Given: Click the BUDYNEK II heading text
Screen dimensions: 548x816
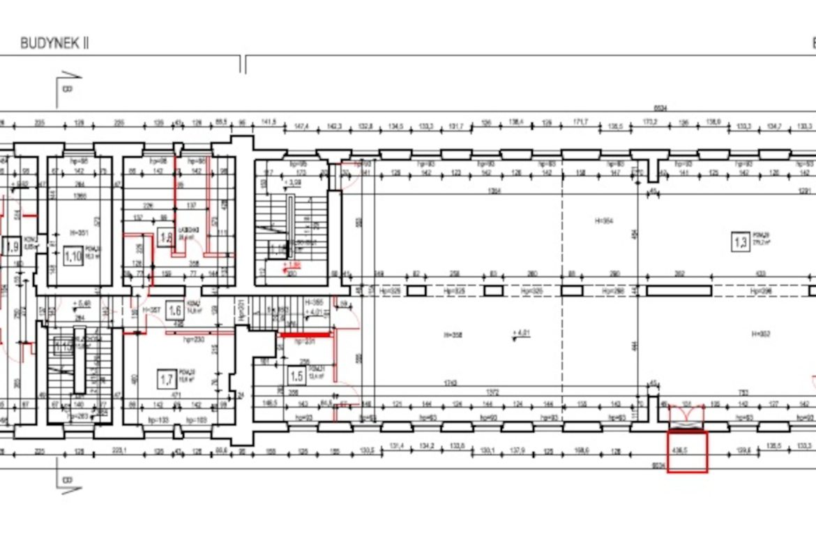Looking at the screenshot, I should point(54,43).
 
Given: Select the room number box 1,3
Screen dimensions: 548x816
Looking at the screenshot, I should point(740,242).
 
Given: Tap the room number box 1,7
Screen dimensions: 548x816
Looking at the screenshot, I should point(166,380).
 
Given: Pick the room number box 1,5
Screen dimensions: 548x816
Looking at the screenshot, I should point(296,376).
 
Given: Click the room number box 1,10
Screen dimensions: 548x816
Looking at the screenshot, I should point(73,256).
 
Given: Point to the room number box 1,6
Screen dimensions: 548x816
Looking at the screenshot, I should point(175,311).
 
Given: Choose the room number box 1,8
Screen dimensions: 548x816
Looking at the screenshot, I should point(165,237).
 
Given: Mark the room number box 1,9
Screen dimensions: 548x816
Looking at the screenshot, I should point(11,246).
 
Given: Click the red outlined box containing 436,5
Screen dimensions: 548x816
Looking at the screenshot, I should point(687,452).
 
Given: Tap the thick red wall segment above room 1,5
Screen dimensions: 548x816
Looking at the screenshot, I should point(305,335).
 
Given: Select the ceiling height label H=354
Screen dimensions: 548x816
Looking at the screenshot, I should point(603,221).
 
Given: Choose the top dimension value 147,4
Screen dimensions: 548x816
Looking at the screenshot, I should point(301,126).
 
